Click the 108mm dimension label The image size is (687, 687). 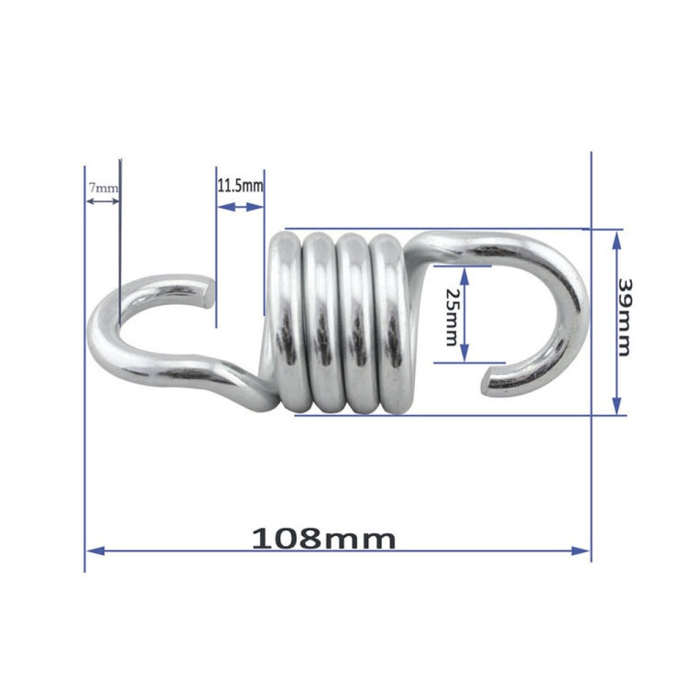(x=324, y=538)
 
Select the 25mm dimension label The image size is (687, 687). (x=451, y=316)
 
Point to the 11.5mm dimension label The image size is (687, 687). (x=240, y=185)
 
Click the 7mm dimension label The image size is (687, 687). (x=102, y=188)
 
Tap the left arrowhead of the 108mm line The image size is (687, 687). (x=93, y=551)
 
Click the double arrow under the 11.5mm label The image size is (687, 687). (x=240, y=208)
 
